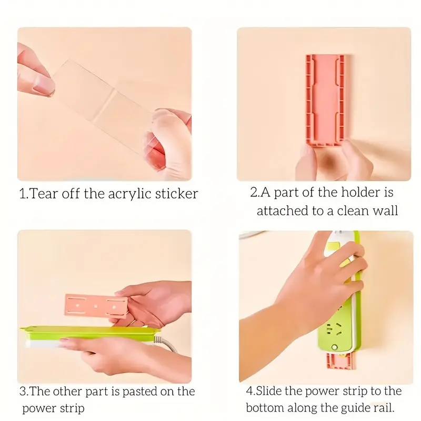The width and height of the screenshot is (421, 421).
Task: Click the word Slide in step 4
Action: coord(268,390)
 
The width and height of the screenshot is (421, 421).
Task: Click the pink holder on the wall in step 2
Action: coord(325,101)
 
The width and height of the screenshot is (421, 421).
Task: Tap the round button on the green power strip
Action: coord(334,347)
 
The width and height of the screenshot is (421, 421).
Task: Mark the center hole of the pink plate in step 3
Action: coord(96,306)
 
